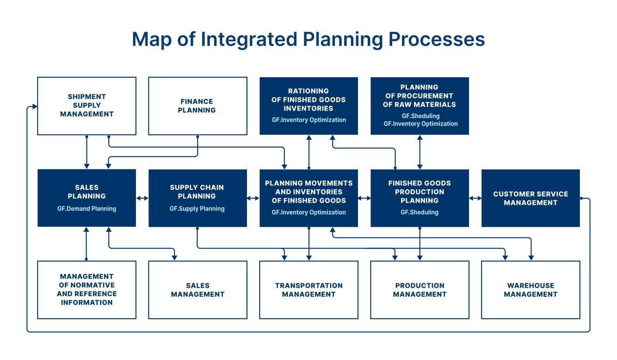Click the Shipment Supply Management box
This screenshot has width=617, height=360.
[x=87, y=106]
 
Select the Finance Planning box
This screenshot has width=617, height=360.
[x=198, y=106]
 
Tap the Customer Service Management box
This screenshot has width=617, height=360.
[x=531, y=198]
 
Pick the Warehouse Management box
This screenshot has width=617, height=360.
[x=531, y=290]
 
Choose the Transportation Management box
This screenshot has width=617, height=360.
[x=309, y=290]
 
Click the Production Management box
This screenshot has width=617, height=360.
[x=420, y=290]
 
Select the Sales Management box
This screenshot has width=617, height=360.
[x=198, y=290]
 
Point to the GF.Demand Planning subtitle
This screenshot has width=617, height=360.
[x=87, y=209]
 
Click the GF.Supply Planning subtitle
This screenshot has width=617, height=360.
[x=197, y=209]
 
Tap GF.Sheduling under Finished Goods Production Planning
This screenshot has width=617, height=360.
[x=420, y=212]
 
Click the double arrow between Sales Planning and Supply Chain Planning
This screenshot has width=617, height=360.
[x=142, y=198]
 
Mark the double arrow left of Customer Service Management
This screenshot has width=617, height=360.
[x=475, y=198]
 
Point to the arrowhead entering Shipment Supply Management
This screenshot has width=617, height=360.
[x=35, y=106]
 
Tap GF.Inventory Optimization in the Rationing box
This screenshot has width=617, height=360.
[x=309, y=120]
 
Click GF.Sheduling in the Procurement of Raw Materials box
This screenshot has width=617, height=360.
[x=420, y=116]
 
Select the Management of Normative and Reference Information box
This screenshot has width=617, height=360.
[x=87, y=290]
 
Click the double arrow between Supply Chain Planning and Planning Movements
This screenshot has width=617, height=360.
[x=253, y=198]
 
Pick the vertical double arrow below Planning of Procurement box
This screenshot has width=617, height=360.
[x=420, y=152]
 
